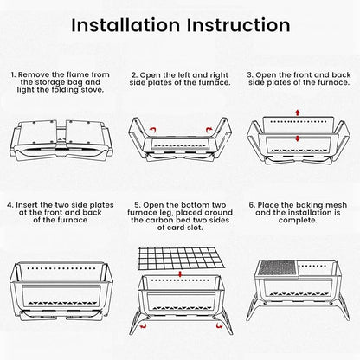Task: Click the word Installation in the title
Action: [x=125, y=25]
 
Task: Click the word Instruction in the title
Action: [x=238, y=25]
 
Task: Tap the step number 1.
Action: [x=13, y=74]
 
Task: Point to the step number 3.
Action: [x=250, y=75]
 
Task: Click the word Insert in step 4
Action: [x=27, y=205]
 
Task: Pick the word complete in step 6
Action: [x=297, y=221]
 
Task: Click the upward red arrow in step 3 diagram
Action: [x=298, y=112]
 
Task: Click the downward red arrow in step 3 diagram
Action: [x=298, y=138]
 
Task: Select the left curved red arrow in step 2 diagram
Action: [x=153, y=130]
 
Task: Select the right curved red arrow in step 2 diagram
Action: [x=209, y=130]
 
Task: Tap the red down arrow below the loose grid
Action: [x=180, y=274]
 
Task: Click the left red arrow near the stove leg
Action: [x=143, y=326]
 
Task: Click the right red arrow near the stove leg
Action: [x=219, y=326]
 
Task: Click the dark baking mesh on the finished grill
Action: [x=277, y=268]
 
